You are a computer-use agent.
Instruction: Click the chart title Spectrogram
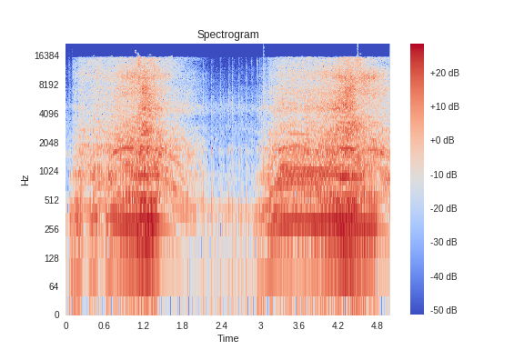point(227,35)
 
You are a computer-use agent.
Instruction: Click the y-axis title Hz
point(25,180)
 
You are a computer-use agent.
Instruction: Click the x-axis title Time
point(227,338)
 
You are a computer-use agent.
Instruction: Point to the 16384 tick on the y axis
point(46,55)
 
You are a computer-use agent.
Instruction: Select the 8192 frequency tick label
point(48,85)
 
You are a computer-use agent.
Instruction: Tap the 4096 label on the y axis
point(48,114)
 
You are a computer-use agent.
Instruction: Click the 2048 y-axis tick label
point(48,143)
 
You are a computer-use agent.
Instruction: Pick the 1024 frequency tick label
point(48,172)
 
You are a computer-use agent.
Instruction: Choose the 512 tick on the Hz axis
point(51,201)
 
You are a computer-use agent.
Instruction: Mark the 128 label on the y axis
point(51,258)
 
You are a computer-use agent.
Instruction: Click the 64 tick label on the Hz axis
point(53,287)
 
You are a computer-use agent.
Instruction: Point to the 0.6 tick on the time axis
point(104,325)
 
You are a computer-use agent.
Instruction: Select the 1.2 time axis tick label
point(143,325)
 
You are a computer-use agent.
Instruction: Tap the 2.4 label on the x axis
point(221,325)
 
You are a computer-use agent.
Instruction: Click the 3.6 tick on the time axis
point(298,325)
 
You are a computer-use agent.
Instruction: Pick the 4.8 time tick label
point(377,325)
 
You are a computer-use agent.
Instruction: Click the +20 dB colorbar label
point(444,73)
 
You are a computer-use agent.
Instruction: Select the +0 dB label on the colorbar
point(442,140)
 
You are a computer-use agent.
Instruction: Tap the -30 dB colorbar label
point(443,243)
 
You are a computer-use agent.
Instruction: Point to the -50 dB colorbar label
point(443,311)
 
